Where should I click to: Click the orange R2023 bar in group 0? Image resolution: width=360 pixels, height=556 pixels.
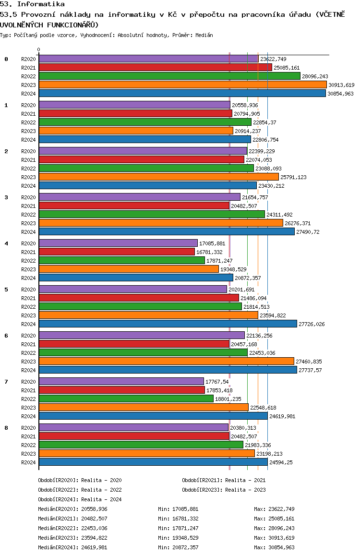pos(183,85)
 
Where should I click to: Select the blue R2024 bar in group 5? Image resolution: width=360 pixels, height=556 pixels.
pos(168,324)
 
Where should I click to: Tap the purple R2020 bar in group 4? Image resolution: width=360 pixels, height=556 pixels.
pos(119,243)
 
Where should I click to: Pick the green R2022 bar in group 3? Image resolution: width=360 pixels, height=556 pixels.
pos(152,214)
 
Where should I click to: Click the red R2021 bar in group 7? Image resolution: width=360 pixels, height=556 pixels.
pos(122,390)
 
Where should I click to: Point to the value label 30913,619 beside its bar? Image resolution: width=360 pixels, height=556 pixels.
pos(341,85)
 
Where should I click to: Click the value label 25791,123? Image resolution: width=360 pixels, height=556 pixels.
pos(293,177)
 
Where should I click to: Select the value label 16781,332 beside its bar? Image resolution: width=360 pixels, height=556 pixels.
pos(209,252)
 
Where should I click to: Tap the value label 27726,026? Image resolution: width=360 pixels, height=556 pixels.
pos(312,324)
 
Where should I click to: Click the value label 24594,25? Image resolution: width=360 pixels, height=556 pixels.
pos(281,462)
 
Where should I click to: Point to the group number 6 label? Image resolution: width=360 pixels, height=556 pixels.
pos(6,336)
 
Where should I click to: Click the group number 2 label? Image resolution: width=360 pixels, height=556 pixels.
pos(6,151)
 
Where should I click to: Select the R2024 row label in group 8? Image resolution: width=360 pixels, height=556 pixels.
pos(28,462)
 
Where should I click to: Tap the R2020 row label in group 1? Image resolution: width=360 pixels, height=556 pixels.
pos(28,105)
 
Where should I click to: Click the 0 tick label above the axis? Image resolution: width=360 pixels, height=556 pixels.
pos(38,49)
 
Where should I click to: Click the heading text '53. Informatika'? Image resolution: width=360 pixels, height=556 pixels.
pos(32,4)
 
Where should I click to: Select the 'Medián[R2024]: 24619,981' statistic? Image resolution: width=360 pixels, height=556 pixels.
pos(72,547)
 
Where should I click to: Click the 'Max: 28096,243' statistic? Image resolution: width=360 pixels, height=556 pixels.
pos(274,528)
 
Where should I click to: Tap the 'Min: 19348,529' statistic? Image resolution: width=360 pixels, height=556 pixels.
pos(178,538)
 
